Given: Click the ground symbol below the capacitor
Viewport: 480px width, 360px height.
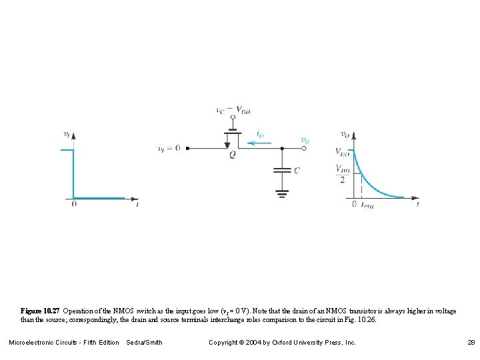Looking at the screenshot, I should coord(283,193).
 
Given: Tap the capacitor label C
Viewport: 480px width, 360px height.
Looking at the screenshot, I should coord(297,171).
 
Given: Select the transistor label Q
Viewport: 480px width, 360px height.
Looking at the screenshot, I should coord(232,155).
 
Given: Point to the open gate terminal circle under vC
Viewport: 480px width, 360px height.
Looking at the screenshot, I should coord(233,117).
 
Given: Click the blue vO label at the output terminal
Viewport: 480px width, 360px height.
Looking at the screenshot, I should coord(305,140).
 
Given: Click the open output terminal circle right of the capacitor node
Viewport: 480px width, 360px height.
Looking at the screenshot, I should coord(305,148).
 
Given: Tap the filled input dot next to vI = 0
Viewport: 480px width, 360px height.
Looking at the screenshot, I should coord(187,148).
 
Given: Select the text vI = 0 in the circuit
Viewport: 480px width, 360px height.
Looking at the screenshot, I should coord(169,148).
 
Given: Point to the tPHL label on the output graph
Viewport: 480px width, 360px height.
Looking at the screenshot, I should coord(366,205).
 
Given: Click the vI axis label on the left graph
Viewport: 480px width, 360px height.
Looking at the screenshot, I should coord(66,133).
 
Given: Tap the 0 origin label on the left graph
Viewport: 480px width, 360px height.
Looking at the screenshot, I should coord(74,204).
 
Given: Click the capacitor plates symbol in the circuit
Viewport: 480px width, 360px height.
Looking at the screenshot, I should coord(283,171).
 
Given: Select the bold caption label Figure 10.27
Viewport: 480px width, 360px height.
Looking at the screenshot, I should coord(41,311).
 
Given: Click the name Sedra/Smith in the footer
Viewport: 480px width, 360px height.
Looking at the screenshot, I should coord(144,343).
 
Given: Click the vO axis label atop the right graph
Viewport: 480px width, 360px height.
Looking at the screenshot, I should coord(345,134).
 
